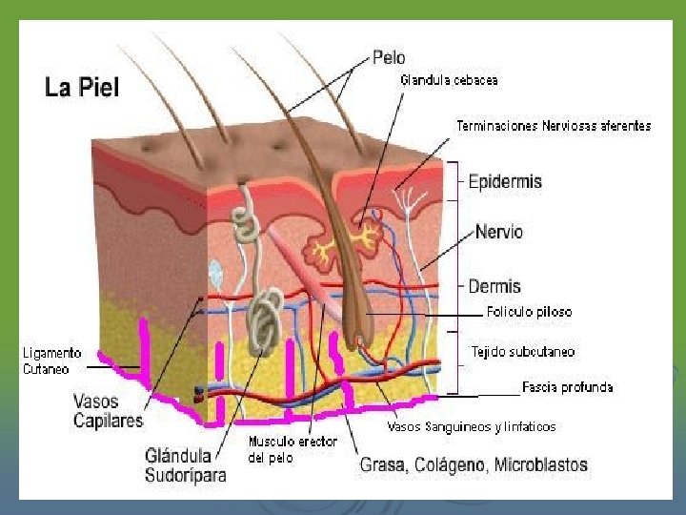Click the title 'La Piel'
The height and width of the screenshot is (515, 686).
click(x=82, y=89)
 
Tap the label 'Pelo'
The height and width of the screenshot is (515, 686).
click(x=389, y=58)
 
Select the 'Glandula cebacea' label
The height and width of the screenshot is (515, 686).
click(x=449, y=81)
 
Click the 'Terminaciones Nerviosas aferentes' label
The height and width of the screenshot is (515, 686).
click(x=554, y=126)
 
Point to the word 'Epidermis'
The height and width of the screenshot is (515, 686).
click(x=505, y=181)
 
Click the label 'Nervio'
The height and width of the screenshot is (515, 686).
click(x=498, y=232)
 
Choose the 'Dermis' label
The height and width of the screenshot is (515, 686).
click(x=494, y=286)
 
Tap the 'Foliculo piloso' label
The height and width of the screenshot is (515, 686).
click(x=529, y=312)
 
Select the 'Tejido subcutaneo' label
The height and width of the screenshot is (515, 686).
click(x=523, y=352)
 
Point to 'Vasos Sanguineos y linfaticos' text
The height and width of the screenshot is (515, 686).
click(x=472, y=426)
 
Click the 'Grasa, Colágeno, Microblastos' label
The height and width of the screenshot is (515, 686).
click(x=474, y=465)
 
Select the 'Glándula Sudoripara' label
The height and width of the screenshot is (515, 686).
click(x=186, y=464)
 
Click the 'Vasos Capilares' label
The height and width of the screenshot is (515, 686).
click(x=108, y=411)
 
